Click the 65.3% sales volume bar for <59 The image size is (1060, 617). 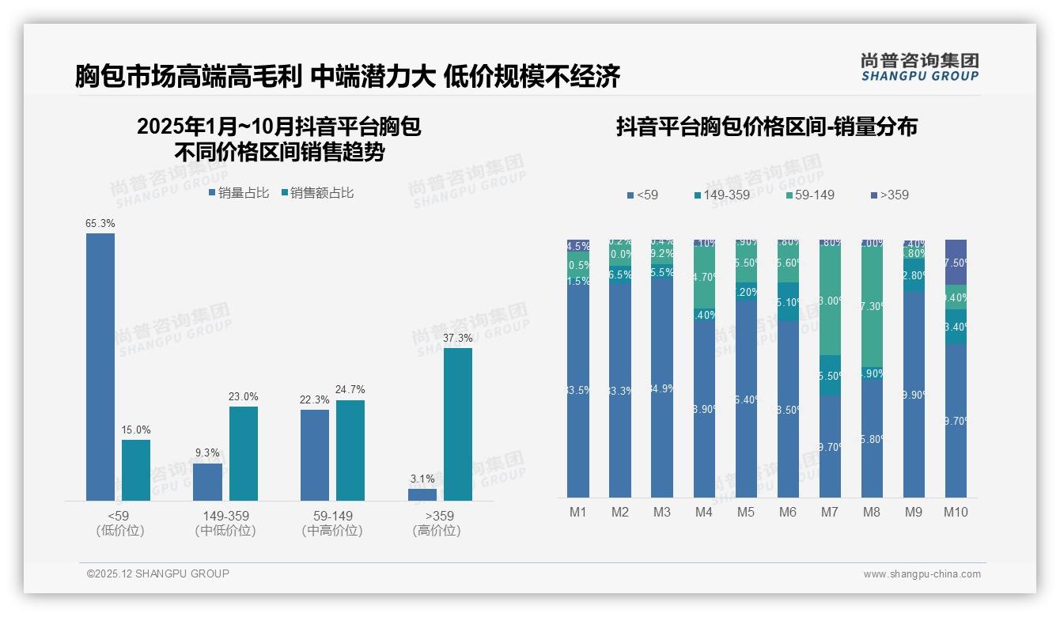100,366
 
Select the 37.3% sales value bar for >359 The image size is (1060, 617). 457,424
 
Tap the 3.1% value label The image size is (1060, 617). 422,479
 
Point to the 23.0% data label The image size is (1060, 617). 244,396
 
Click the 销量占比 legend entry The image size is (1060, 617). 239,192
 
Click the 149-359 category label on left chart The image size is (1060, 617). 225,516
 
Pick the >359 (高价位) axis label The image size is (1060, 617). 436,523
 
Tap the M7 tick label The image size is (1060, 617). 829,512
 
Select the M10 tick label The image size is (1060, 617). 956,512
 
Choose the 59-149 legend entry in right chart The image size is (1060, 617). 810,195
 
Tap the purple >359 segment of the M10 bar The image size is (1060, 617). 956,262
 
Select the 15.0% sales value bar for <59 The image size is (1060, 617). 136,470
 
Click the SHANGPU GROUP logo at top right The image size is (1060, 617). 919,67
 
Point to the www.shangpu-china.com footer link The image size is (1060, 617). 922,574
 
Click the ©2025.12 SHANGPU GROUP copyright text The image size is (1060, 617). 158,573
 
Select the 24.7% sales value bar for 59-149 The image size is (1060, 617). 350,450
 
